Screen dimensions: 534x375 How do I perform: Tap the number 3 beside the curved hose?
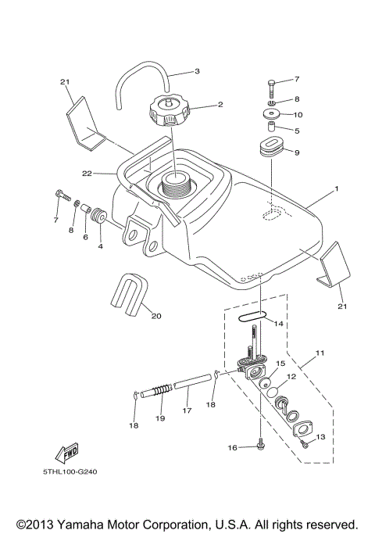198,71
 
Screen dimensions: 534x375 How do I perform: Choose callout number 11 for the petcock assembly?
319,353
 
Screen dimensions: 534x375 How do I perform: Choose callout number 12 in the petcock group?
291,377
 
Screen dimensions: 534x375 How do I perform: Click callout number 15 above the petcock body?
280,342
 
